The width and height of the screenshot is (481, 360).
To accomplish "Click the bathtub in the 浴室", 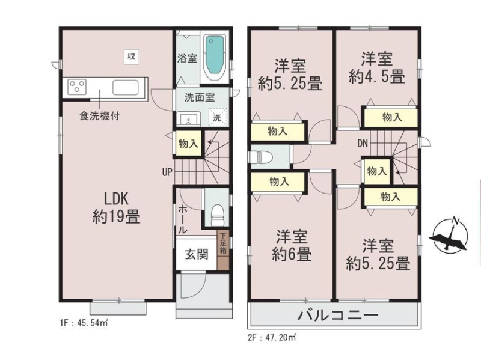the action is [215, 56].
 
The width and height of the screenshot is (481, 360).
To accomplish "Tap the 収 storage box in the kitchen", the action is [132, 56].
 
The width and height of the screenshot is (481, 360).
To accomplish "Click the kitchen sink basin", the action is [126, 87].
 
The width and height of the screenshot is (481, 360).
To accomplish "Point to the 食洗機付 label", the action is [99, 115].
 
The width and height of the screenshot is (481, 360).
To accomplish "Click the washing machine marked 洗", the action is [218, 117].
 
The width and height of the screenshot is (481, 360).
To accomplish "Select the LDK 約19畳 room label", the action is [117, 208].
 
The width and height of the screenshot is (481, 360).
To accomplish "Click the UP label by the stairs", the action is [167, 172].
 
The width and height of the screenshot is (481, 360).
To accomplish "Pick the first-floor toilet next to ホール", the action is [218, 215].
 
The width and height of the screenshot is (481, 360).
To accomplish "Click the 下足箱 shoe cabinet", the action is [223, 251].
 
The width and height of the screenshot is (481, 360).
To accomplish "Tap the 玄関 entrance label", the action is [197, 254].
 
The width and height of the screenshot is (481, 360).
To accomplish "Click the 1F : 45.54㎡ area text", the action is [84, 323].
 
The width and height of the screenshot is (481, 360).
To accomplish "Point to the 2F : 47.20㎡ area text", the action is [272, 338].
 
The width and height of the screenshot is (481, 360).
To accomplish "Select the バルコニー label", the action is [338, 316].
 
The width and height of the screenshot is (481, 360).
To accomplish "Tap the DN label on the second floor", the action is [363, 143].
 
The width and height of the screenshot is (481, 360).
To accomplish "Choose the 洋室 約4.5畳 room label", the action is [377, 68].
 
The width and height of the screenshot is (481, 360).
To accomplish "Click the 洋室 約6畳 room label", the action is [292, 246].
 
